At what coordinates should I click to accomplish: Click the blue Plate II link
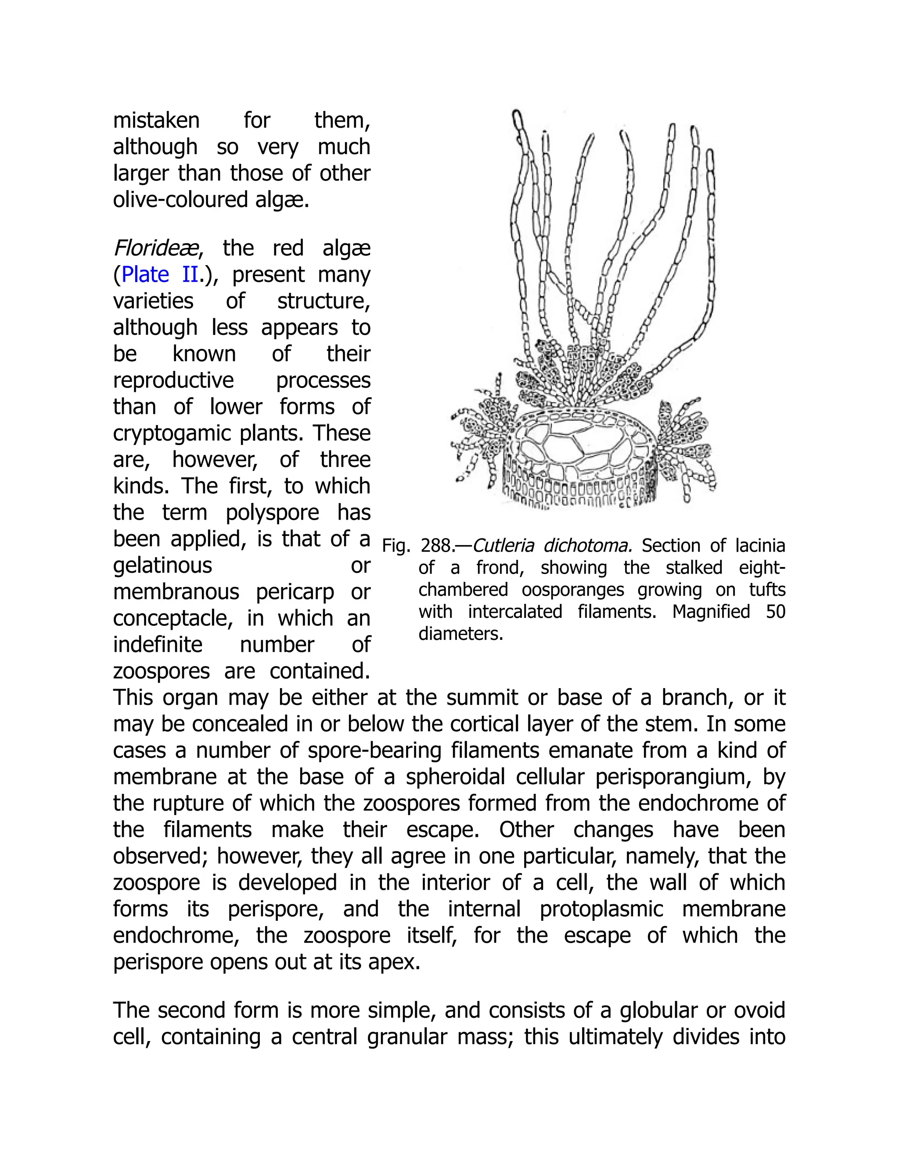click(160, 275)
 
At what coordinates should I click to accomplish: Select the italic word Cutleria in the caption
click(503, 546)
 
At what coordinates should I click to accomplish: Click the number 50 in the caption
click(776, 612)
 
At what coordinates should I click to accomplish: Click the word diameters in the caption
click(460, 634)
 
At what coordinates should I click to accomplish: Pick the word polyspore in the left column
click(273, 513)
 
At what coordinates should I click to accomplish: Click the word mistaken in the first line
click(156, 121)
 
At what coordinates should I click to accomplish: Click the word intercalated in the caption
click(515, 612)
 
